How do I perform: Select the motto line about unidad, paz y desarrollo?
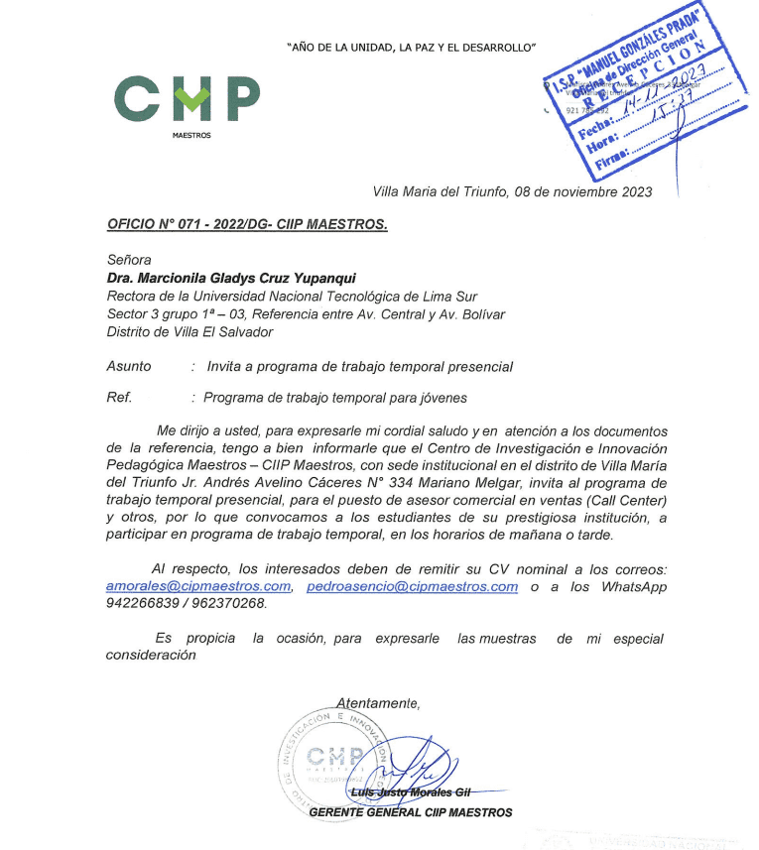pyautogui.click(x=411, y=47)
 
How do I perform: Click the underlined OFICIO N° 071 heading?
pyautogui.click(x=246, y=224)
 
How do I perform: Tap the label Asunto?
pyautogui.click(x=129, y=367)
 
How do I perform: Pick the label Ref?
pyautogui.click(x=119, y=398)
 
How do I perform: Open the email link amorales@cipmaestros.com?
pyautogui.click(x=198, y=587)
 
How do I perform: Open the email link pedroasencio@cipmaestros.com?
pyautogui.click(x=412, y=587)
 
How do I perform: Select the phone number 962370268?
pyautogui.click(x=231, y=603)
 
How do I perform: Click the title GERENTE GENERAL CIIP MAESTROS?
pyautogui.click(x=411, y=813)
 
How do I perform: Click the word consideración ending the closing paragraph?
pyautogui.click(x=151, y=656)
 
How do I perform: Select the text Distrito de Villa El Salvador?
pyautogui.click(x=189, y=332)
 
